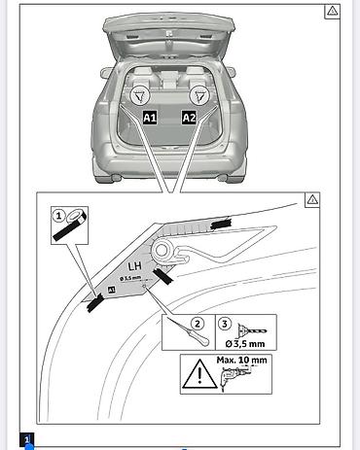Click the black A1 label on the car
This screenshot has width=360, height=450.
pos(150,118)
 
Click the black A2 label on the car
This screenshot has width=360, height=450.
pos(189,118)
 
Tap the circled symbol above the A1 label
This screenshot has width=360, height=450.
pos(140,95)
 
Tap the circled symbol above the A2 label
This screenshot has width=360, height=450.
pos(199,95)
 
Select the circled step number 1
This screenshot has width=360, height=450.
pos(59,216)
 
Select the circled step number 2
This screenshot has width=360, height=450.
pos(198,324)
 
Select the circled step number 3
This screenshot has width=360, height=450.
pos(225,324)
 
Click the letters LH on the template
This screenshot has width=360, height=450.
pos(134,266)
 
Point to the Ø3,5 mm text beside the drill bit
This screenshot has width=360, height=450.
pos(245,344)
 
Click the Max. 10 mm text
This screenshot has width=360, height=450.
pos(241,360)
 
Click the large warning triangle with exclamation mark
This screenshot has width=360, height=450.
pos(199,373)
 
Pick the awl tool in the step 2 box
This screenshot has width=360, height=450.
pos(189,332)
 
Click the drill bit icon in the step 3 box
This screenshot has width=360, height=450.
pos(252,331)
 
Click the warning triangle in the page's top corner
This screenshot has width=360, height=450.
pos(332,12)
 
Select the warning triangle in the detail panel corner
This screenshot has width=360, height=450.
pos(312,200)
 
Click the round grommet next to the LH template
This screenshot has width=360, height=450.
pos(162,250)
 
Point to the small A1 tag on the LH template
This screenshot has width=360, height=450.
pos(111,290)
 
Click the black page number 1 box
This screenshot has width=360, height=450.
pos(26,439)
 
